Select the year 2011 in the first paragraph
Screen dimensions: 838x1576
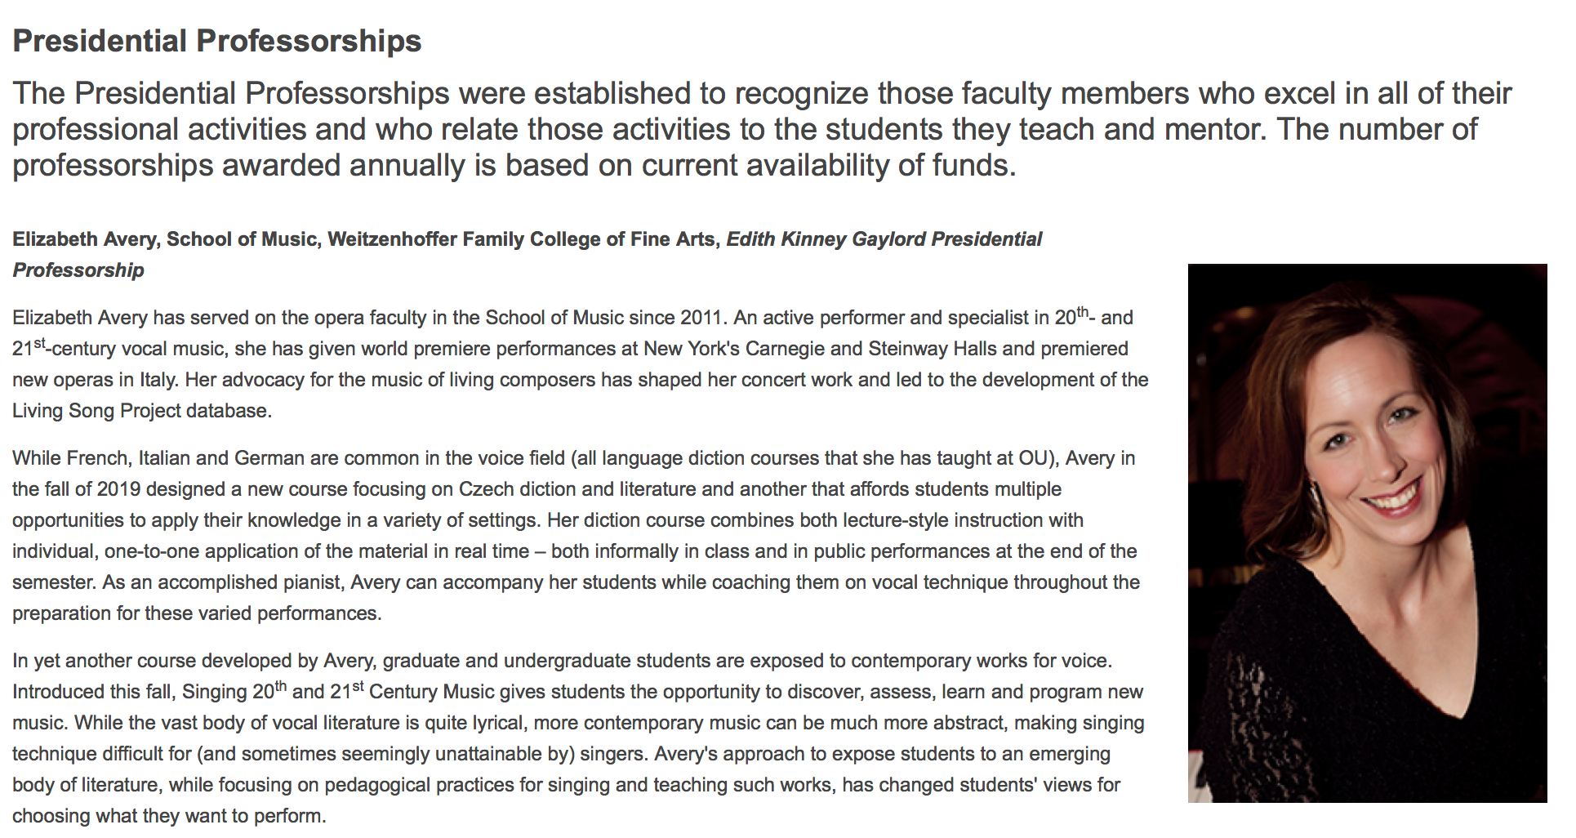702,318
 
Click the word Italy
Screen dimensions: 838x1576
158,380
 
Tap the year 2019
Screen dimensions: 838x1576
118,489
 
